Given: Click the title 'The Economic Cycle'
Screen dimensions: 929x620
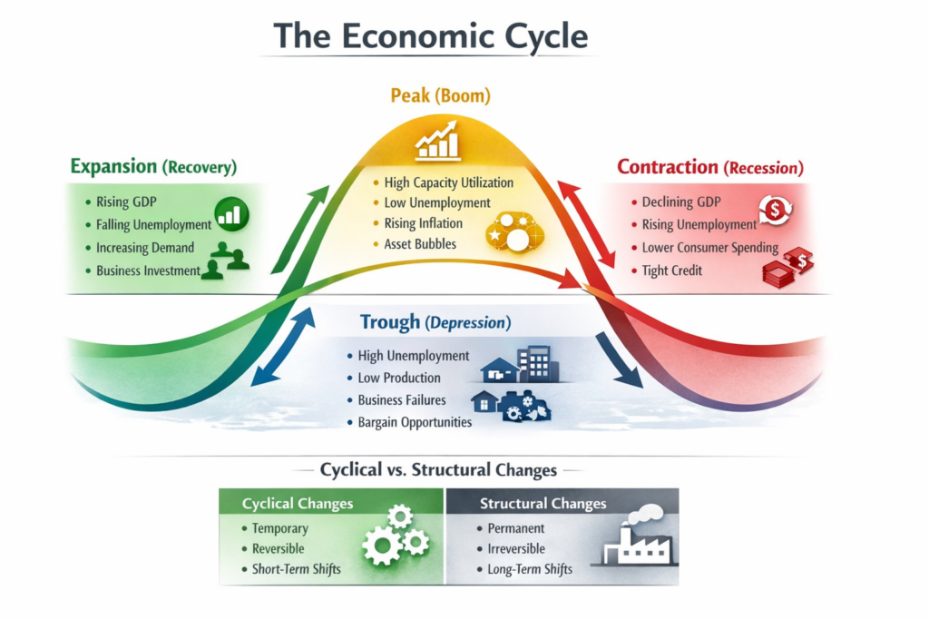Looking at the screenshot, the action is pos(431,36).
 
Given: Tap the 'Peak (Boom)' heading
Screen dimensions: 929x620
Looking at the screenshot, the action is pos(440,95).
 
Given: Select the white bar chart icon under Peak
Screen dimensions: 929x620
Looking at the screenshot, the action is pos(438,141).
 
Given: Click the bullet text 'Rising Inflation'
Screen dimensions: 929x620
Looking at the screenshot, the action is pos(423,223).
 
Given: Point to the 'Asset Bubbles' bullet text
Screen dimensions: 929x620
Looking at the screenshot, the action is pos(420,244).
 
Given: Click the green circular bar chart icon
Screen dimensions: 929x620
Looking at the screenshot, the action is pos(231,214).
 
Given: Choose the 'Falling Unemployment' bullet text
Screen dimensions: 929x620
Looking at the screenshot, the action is pos(153,224).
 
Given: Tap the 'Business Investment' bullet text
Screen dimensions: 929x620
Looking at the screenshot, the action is pos(148,271).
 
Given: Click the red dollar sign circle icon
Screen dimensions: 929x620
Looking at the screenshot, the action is pos(775,209).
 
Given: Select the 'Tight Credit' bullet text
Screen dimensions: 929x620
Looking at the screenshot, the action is pos(672,271).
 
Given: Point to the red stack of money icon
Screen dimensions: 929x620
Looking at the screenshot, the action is pos(788,268).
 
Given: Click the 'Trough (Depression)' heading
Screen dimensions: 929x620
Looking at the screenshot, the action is pos(435,322).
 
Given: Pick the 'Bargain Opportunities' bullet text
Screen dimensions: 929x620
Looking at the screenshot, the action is pos(415,423).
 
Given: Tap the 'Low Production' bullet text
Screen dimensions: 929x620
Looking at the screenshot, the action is pos(399,379).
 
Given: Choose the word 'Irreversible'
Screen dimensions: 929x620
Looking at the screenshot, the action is pos(516,549).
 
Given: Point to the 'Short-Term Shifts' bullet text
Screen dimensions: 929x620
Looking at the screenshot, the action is pos(297,569).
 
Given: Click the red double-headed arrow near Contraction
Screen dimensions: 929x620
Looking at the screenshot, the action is pos(586,224).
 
